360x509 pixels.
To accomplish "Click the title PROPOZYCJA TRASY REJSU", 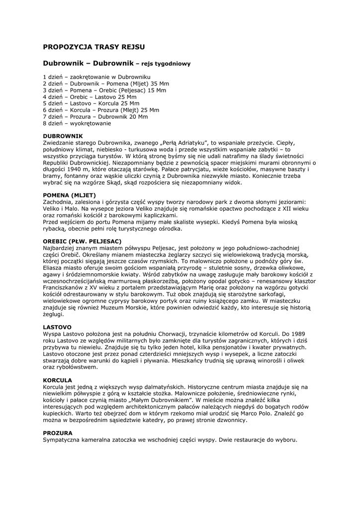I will pyautogui.click(x=94, y=47).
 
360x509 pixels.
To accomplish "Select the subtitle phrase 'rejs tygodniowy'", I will pyautogui.click(x=167, y=64).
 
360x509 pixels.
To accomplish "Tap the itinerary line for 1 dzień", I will pyautogui.click(x=96, y=78).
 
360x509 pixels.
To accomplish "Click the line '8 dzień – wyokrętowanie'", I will pyautogui.click(x=77, y=123).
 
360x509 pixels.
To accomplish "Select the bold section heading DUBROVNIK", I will pyautogui.click(x=63, y=136).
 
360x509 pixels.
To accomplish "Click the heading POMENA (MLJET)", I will pyautogui.click(x=69, y=195).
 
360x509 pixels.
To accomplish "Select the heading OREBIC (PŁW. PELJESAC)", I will pyautogui.click(x=82, y=241).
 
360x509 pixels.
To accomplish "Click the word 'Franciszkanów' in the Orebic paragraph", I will pyautogui.click(x=63, y=288).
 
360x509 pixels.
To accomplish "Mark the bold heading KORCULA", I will pyautogui.click(x=58, y=380).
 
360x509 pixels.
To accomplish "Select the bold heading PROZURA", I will pyautogui.click(x=58, y=433).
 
